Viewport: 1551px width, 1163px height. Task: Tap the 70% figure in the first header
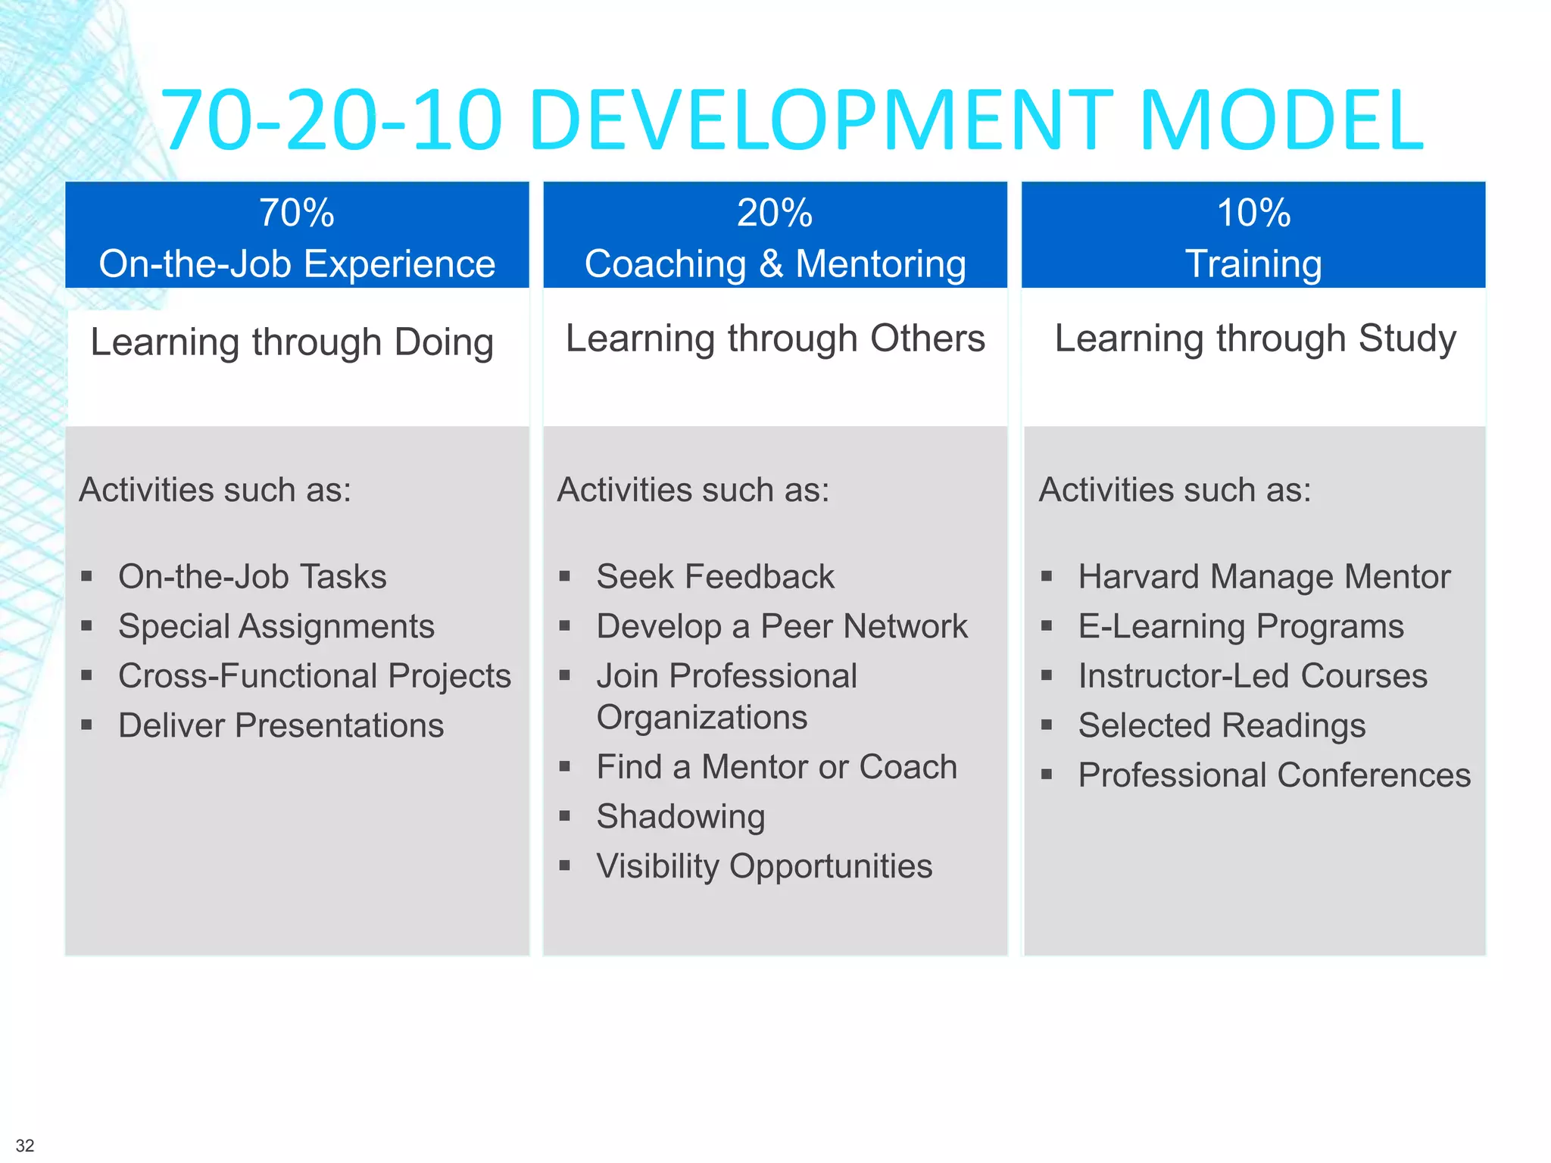pyautogui.click(x=296, y=213)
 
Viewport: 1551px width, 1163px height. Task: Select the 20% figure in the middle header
pyautogui.click(x=775, y=213)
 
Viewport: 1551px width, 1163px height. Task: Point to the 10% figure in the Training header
pyautogui.click(x=1253, y=213)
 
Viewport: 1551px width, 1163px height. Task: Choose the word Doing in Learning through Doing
pyautogui.click(x=444, y=342)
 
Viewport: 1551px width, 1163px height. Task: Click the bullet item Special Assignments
pyautogui.click(x=276, y=627)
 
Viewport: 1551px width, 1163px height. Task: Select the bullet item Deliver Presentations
pyautogui.click(x=281, y=726)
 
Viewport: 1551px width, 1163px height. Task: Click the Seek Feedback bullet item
pyautogui.click(x=715, y=577)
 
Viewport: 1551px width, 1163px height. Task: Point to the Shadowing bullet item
pyautogui.click(x=680, y=817)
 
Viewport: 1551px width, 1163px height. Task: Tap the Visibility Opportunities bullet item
pyautogui.click(x=764, y=866)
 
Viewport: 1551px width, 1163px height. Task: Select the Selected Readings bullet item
pyautogui.click(x=1222, y=726)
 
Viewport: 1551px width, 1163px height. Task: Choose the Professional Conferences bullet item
pyautogui.click(x=1274, y=776)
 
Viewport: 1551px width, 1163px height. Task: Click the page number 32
pyautogui.click(x=25, y=1146)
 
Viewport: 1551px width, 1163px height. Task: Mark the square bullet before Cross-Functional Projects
pyautogui.click(x=87, y=675)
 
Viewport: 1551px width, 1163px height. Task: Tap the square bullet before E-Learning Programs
pyautogui.click(x=1047, y=626)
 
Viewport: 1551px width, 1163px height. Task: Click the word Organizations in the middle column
pyautogui.click(x=702, y=718)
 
